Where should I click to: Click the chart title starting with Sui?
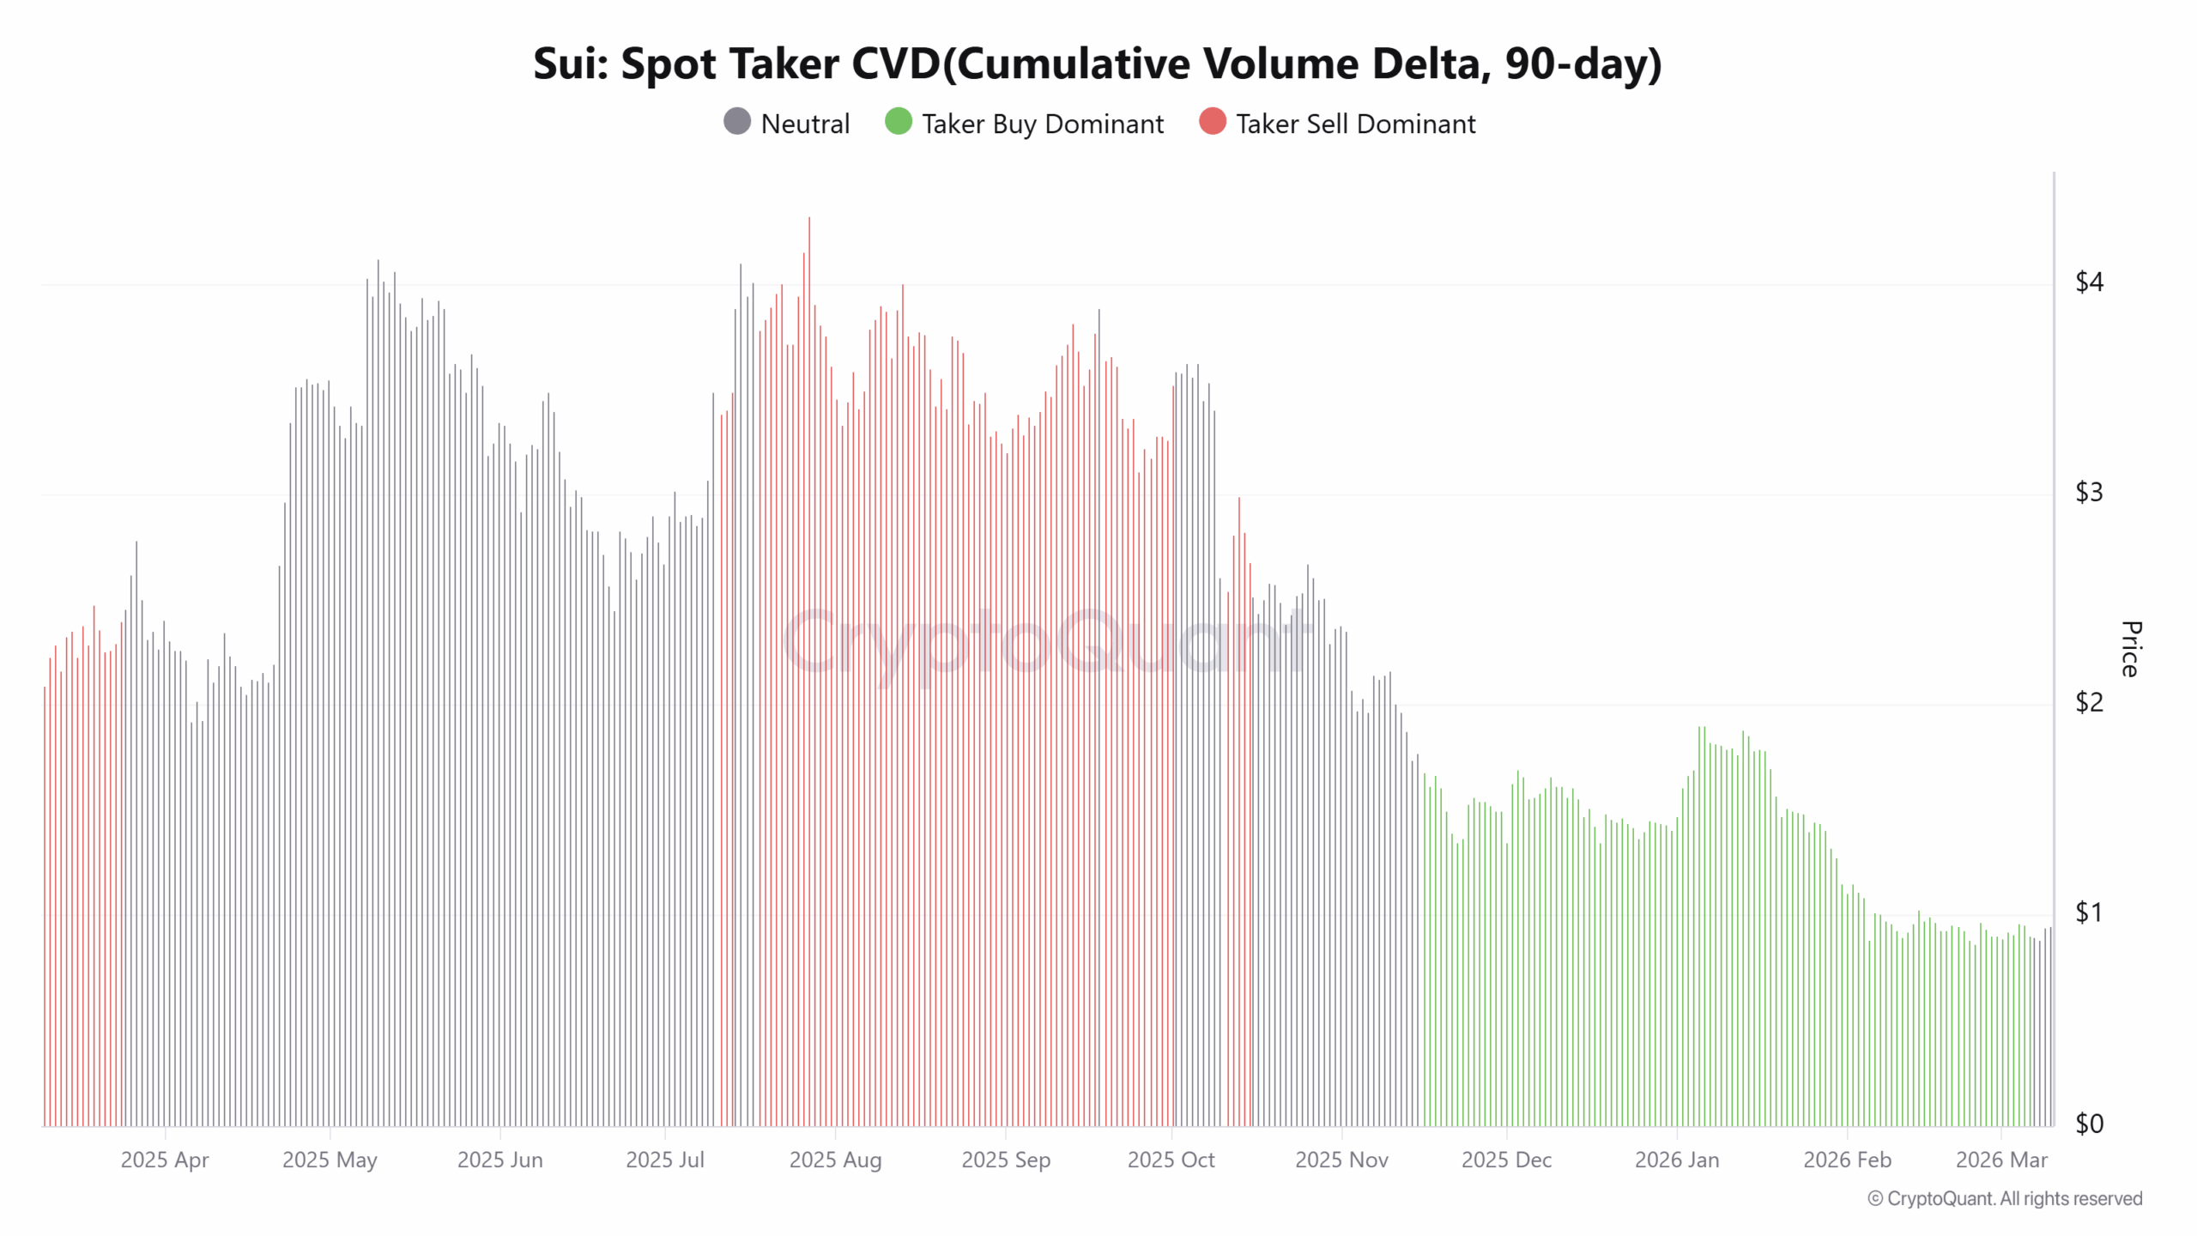pyautogui.click(x=1097, y=64)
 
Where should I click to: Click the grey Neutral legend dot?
pyautogui.click(x=737, y=122)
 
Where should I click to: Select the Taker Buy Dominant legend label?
pyautogui.click(x=1042, y=124)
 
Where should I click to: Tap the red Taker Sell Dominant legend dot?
pyautogui.click(x=1212, y=122)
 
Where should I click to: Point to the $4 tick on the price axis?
pyautogui.click(x=2089, y=282)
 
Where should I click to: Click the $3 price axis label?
pyautogui.click(x=2089, y=492)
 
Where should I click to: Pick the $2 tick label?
pyautogui.click(x=2089, y=702)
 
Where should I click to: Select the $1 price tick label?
pyautogui.click(x=2089, y=912)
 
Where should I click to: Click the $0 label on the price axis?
pyautogui.click(x=2089, y=1123)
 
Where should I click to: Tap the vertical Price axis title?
pyautogui.click(x=2130, y=649)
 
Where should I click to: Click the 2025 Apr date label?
pyautogui.click(x=165, y=1160)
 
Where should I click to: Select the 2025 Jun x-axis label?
pyautogui.click(x=499, y=1160)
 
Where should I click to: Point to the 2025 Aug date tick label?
pyautogui.click(x=835, y=1160)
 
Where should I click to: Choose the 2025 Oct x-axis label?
pyautogui.click(x=1171, y=1160)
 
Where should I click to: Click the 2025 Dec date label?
pyautogui.click(x=1506, y=1160)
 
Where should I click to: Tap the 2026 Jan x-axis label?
pyautogui.click(x=1676, y=1160)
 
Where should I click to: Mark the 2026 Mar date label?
pyautogui.click(x=2000, y=1160)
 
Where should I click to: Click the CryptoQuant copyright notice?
pyautogui.click(x=2004, y=1198)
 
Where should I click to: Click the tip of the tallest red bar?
pyautogui.click(x=808, y=219)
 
